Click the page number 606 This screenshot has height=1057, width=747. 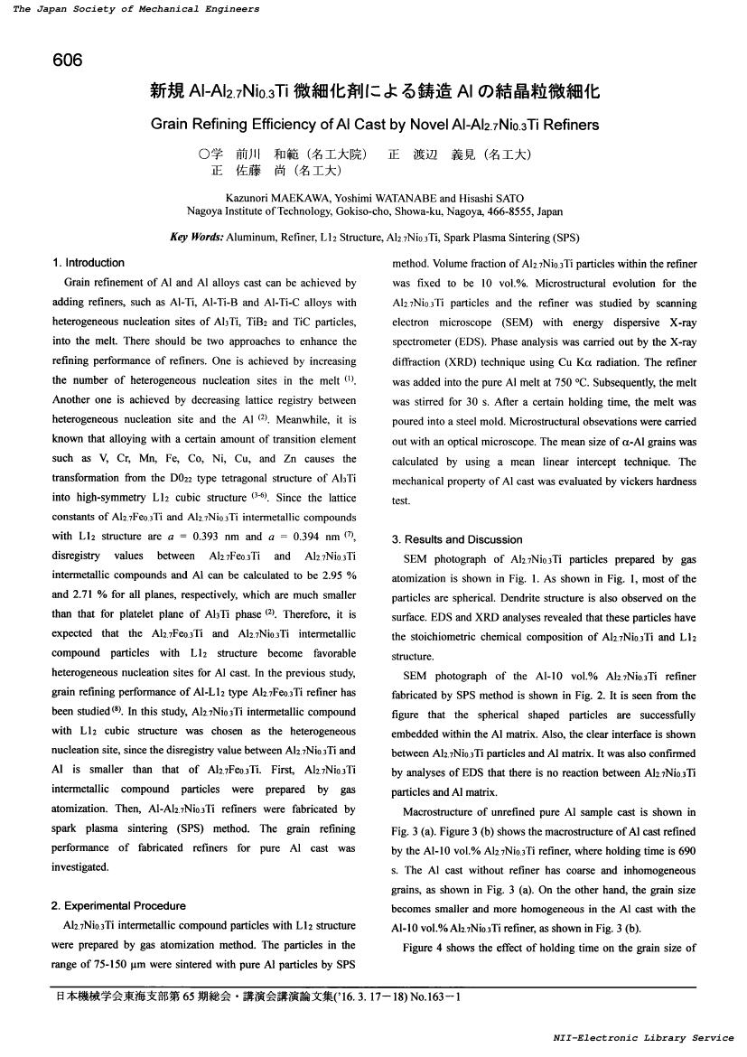pyautogui.click(x=68, y=61)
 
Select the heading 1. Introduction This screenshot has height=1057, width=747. pyautogui.click(x=89, y=263)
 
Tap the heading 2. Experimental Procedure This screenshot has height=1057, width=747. pyautogui.click(x=119, y=906)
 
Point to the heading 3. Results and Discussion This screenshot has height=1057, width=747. pyautogui.click(x=457, y=539)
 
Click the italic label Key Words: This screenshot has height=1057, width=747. pyautogui.click(x=196, y=238)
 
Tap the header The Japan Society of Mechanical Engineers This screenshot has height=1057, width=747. pyautogui.click(x=135, y=9)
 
